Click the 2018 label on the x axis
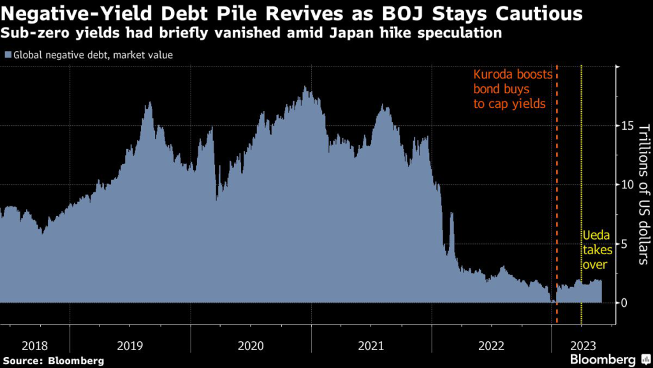pyautogui.click(x=34, y=346)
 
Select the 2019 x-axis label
pyautogui.click(x=130, y=346)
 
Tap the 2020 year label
pyautogui.click(x=251, y=346)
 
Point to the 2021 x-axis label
pyautogui.click(x=371, y=346)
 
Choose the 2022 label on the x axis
pyautogui.click(x=491, y=346)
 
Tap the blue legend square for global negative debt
pyautogui.click(x=7, y=55)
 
